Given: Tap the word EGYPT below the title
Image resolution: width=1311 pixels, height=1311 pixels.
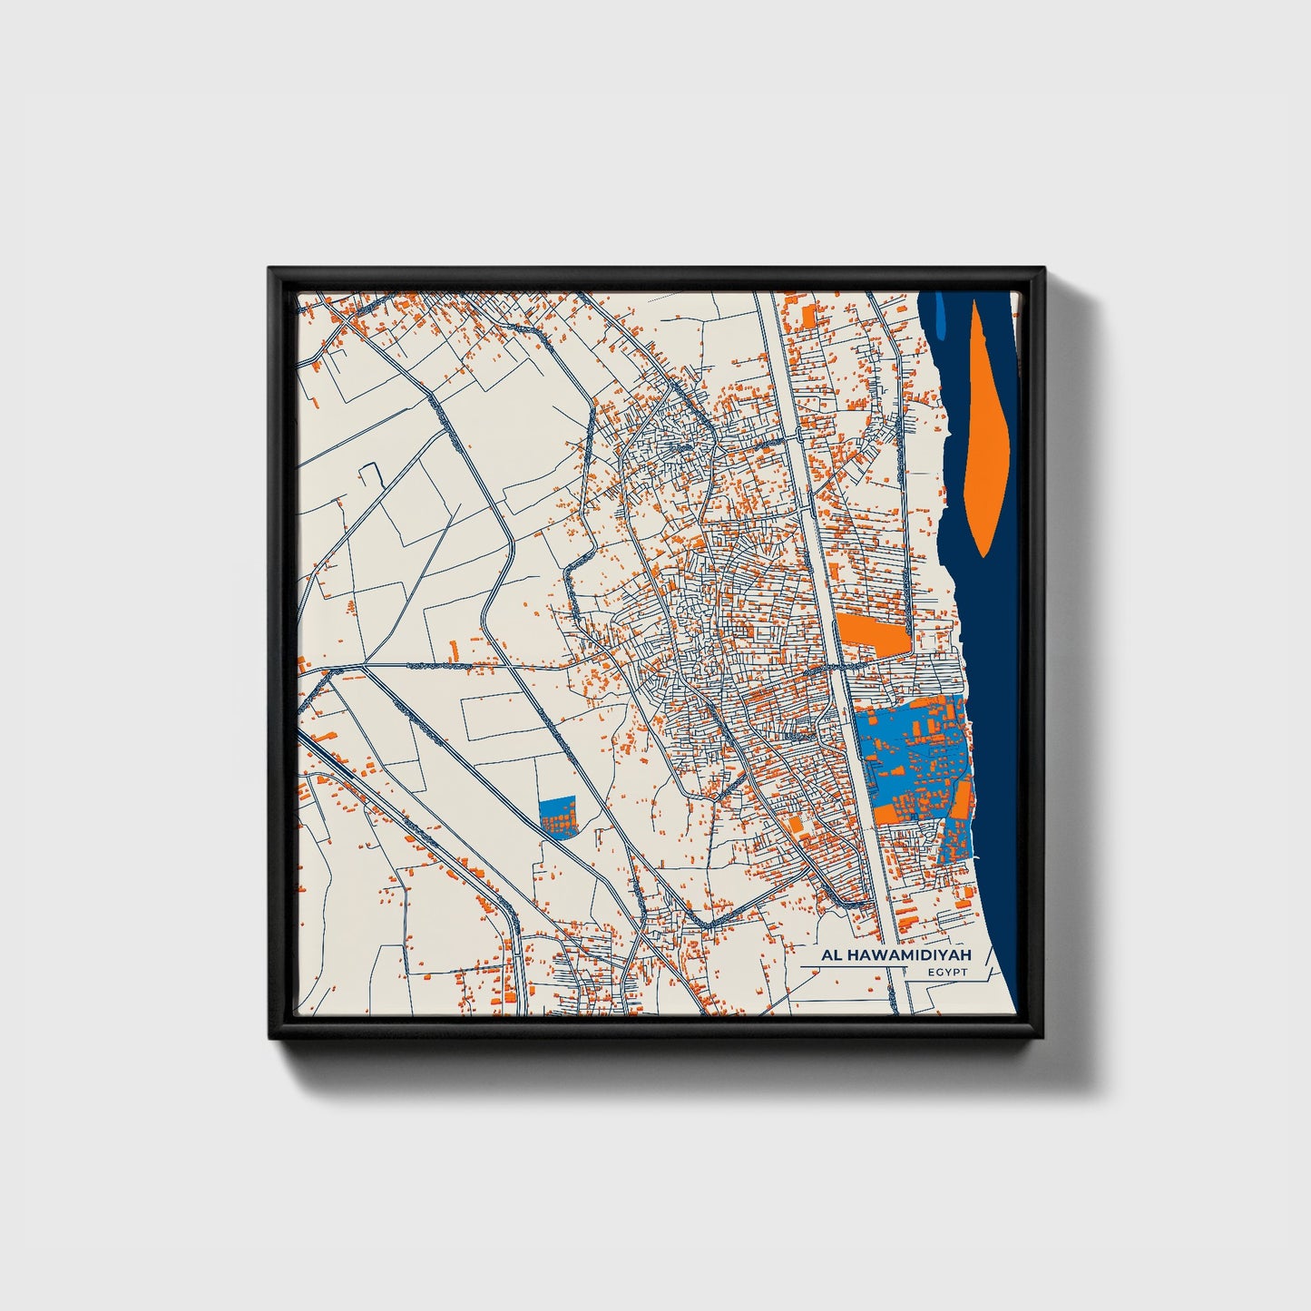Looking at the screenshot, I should pos(948,973).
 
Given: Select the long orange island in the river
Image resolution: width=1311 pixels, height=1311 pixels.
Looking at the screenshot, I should pos(983,435).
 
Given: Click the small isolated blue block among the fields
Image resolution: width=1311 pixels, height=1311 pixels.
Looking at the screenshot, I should pos(557,817).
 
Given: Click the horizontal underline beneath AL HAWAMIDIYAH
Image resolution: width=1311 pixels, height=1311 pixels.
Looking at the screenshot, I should pos(853,968).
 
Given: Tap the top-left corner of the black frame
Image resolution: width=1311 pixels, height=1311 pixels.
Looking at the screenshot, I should pos(270,269).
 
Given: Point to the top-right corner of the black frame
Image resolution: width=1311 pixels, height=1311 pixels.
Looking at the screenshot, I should pos(1043,269).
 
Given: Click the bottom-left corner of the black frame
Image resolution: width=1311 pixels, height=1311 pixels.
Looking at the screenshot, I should pos(270,1039).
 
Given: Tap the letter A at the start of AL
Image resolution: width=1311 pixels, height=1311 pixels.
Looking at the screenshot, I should pos(827,955).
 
